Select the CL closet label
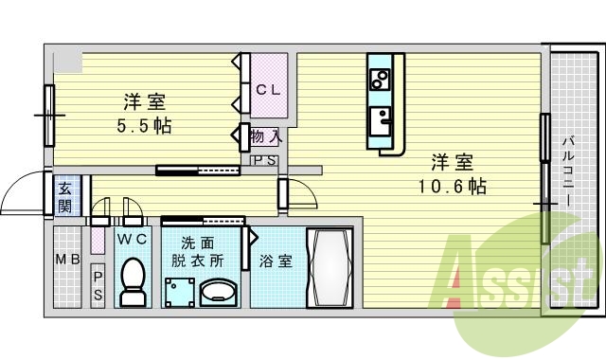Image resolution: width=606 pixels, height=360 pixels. (x=266, y=91)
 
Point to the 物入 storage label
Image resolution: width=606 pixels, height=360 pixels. (x=265, y=136)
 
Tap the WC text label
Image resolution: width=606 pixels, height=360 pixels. (x=132, y=240)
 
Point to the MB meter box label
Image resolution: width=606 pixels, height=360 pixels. (x=66, y=260)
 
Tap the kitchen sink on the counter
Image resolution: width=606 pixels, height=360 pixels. (x=383, y=121)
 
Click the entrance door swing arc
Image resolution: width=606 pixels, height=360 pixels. (x=21, y=194)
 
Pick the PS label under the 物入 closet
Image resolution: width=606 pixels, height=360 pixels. (x=264, y=161)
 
